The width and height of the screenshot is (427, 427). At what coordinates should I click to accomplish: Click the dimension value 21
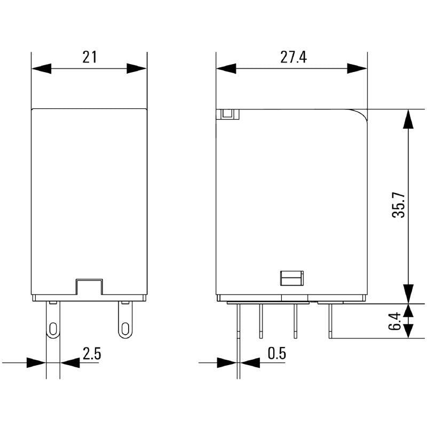tap(89, 57)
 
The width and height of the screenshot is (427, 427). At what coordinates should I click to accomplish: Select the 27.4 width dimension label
tap(294, 57)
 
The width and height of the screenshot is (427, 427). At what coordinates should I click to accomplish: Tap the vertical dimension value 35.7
tap(399, 205)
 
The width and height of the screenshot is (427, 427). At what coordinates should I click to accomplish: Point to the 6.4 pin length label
tap(394, 321)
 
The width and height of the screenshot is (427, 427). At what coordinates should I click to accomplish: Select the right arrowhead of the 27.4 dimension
tap(357, 68)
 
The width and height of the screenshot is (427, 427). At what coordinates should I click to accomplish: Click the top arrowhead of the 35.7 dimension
tap(408, 119)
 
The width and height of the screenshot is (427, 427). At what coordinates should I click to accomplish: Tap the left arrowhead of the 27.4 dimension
tap(226, 68)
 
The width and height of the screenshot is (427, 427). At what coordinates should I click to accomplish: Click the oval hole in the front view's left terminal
tap(53, 328)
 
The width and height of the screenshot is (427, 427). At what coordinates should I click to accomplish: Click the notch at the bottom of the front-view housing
tap(89, 286)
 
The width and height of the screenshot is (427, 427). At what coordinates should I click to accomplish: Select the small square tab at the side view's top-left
tap(228, 114)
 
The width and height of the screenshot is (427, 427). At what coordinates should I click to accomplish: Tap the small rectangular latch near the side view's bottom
tap(291, 278)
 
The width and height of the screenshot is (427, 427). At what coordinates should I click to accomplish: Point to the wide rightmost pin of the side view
tap(331, 320)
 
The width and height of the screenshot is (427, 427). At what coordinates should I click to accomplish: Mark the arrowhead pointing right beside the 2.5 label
tap(35, 362)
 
